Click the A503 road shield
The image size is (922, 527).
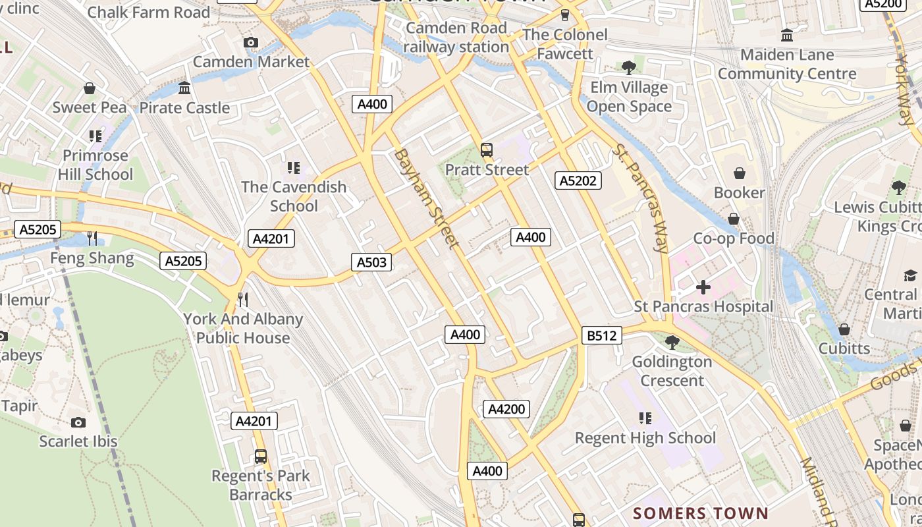(371, 262)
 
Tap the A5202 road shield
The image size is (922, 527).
(578, 180)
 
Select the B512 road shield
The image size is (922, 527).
(602, 336)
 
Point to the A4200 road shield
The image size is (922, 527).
(506, 409)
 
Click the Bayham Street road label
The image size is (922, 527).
(426, 198)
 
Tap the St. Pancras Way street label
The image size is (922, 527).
(639, 198)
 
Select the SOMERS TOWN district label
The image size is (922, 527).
(701, 513)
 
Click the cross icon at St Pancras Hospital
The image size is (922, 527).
(703, 287)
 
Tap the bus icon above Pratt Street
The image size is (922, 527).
(487, 150)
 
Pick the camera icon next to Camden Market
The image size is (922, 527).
(250, 43)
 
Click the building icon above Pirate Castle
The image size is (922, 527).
(184, 88)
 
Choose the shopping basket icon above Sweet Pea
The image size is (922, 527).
(90, 88)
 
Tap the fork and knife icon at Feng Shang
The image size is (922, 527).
(92, 238)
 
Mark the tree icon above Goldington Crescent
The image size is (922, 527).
(672, 342)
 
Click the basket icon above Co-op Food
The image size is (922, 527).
(733, 219)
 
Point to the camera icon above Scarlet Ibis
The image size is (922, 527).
(78, 422)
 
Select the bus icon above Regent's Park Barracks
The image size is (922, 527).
(261, 456)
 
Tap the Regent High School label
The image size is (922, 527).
(645, 438)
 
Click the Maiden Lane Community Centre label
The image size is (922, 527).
(787, 64)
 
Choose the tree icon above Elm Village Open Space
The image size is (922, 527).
(629, 67)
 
